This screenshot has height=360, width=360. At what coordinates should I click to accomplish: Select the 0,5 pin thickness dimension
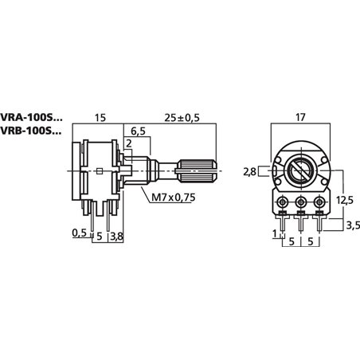point(78,234)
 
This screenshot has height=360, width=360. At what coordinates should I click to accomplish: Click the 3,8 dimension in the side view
point(116,236)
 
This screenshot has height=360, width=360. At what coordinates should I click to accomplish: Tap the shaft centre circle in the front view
point(301,170)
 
